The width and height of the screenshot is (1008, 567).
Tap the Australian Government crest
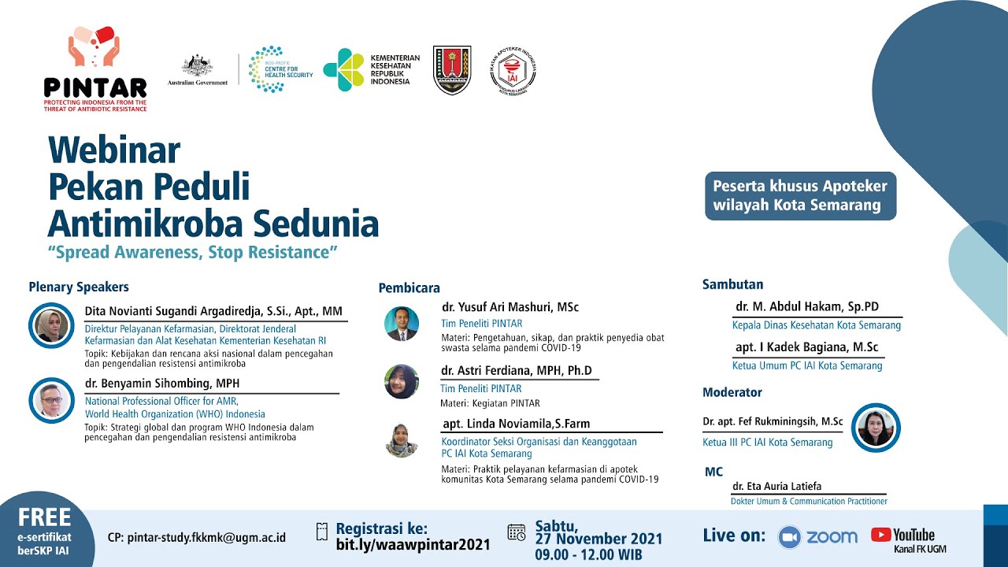[198, 66]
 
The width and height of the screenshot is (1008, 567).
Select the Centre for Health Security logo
[280, 69]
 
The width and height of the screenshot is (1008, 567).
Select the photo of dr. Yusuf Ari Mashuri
[402, 323]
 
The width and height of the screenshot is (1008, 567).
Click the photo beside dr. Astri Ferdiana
[402, 382]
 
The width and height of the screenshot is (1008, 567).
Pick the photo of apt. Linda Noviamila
[402, 440]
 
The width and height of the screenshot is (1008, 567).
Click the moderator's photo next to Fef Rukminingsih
[876, 428]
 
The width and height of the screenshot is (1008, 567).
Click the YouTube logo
[902, 535]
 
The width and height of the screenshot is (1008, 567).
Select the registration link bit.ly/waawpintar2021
[413, 544]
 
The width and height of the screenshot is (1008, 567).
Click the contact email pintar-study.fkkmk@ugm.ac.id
[196, 538]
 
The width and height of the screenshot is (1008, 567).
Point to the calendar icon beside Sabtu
[517, 533]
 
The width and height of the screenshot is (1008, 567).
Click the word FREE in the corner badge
[45, 517]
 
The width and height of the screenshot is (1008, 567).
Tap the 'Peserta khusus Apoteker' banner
[800, 196]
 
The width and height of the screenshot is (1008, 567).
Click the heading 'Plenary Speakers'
[79, 287]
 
